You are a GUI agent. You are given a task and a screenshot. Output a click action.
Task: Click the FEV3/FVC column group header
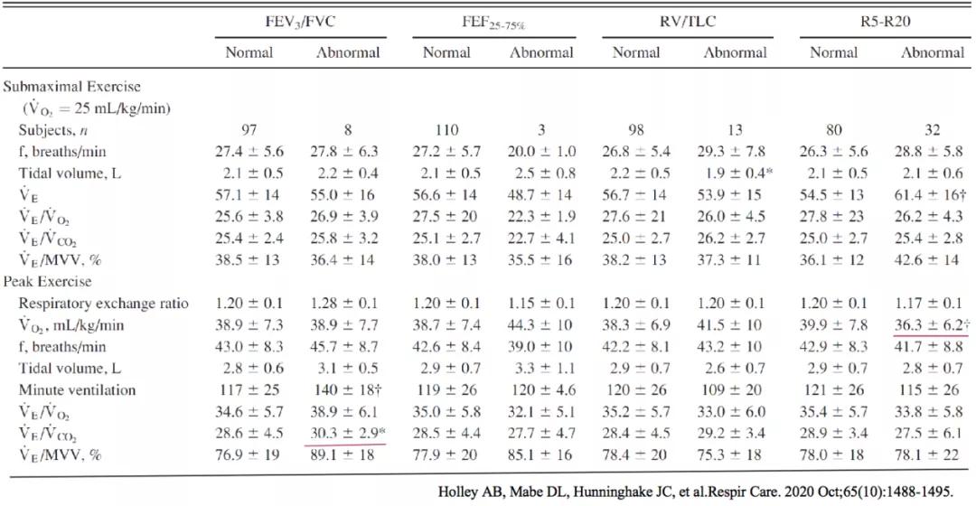click(300, 22)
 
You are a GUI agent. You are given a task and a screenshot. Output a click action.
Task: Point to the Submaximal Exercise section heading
click(72, 87)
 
